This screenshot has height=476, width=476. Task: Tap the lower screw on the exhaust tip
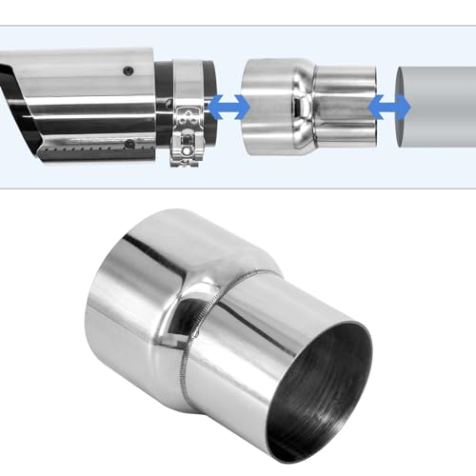(129, 145)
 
